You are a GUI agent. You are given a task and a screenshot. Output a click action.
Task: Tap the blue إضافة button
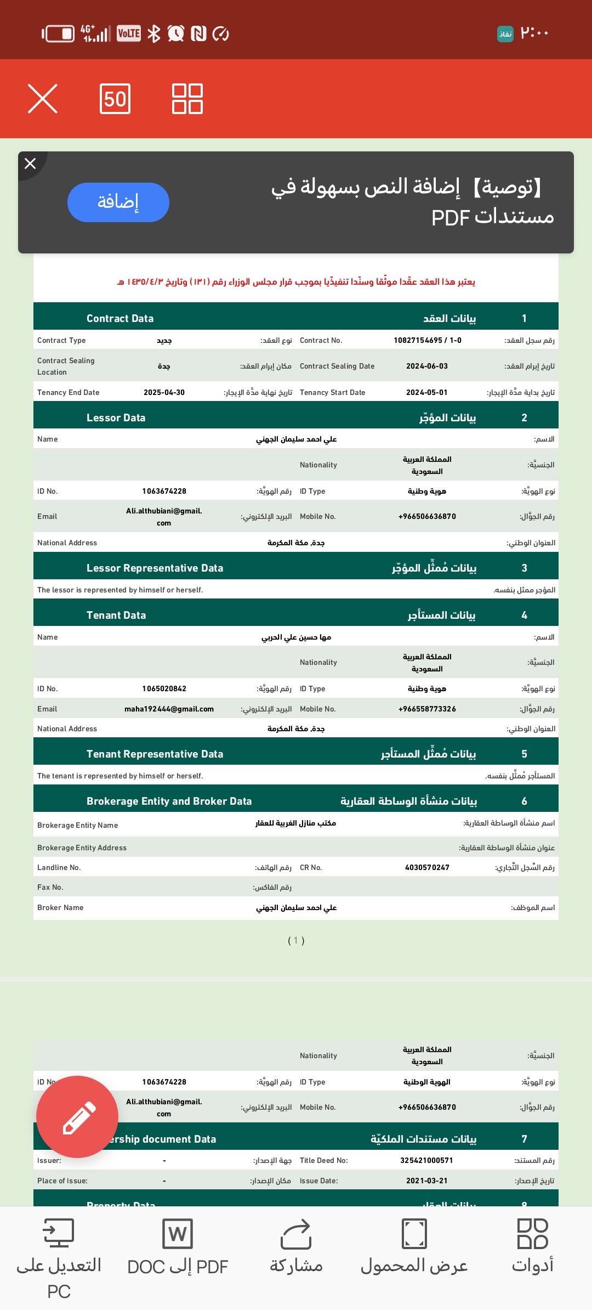[118, 202]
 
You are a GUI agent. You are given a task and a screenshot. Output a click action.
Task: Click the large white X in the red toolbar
[43, 99]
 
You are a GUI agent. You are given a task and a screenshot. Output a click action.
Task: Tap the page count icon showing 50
[115, 99]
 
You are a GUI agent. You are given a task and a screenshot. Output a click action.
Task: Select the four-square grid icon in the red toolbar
[187, 99]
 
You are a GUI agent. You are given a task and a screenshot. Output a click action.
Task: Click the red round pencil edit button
[77, 1117]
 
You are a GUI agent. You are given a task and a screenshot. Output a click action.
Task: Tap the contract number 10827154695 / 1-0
[428, 340]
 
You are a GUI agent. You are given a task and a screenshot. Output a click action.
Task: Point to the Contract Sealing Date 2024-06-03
[427, 366]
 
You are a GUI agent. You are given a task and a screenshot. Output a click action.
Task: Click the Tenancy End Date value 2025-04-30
[164, 392]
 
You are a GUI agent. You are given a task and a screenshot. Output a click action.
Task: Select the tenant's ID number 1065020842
[164, 688]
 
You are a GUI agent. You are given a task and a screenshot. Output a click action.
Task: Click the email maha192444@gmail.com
[169, 709]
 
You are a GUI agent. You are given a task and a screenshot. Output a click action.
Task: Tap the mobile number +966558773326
[427, 709]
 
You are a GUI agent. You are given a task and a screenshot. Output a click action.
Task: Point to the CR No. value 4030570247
[427, 867]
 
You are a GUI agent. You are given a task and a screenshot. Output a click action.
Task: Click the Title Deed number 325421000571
[426, 1160]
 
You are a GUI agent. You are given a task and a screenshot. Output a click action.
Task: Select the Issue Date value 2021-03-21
[426, 1181]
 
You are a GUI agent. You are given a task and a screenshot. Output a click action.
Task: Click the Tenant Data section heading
[116, 615]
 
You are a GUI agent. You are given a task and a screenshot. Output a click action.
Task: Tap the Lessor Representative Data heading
[155, 568]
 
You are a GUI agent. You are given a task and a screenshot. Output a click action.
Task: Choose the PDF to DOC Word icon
[178, 1234]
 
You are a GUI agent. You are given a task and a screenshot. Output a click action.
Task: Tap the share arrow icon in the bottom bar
[296, 1234]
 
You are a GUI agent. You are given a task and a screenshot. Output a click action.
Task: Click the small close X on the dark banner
[30, 163]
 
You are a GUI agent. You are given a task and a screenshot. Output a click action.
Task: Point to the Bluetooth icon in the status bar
[154, 33]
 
